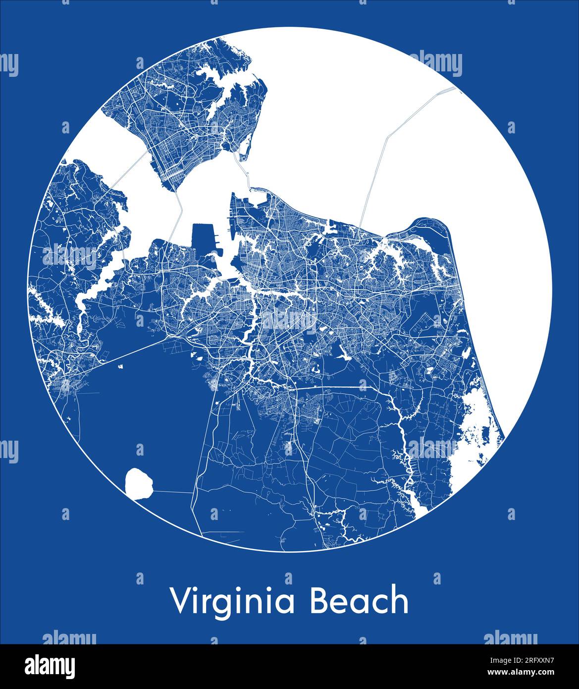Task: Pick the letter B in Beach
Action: coord(320,600)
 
